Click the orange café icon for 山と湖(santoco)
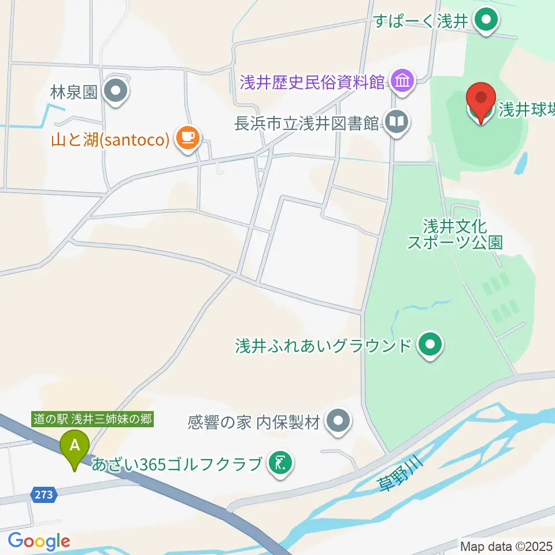[186, 137]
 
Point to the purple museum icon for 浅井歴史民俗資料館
[401, 81]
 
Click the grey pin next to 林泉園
[116, 91]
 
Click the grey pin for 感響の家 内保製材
[339, 422]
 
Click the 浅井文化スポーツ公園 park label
[454, 234]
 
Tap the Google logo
[39, 541]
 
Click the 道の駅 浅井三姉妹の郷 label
[92, 419]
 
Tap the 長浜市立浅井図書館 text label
[306, 123]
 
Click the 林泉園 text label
[73, 92]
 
